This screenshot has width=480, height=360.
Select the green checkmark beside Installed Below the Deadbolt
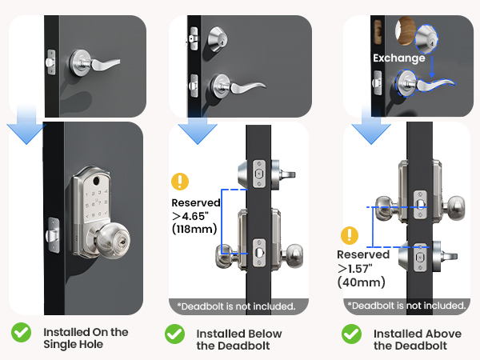point(174,333)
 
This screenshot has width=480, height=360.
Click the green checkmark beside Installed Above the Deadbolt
point(351,333)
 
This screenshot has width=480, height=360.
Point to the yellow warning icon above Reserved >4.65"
point(181,181)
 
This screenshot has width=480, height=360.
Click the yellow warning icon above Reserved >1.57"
point(350,235)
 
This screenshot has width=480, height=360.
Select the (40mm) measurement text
point(362,282)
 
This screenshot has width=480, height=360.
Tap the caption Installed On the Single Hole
point(86,338)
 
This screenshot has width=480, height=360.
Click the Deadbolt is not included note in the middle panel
point(237,306)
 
